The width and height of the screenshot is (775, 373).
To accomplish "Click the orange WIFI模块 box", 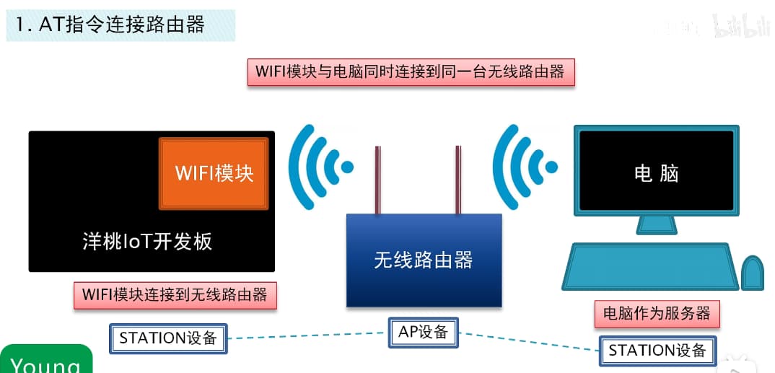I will pos(214,173).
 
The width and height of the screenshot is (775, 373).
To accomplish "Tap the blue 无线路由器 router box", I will pos(424,260).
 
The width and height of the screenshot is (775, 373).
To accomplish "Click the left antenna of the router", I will pos(377,180).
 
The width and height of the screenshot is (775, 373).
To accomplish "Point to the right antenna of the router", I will pos(457,180).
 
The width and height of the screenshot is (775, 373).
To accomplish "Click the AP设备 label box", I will pos(424,332).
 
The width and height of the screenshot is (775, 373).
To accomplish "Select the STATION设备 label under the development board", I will pos(168,338).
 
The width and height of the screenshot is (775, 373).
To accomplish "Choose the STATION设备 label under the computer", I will pos(657,351).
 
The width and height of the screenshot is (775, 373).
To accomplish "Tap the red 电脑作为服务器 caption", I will pos(657,314).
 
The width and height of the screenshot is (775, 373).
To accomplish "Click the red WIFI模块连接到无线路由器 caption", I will pos(175,295).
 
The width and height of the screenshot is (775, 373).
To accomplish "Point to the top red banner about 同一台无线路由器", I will pos(411,72).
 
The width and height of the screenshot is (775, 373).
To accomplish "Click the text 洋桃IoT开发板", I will pos(147,241).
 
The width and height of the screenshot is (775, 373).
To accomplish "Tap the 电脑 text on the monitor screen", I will pos(656,173).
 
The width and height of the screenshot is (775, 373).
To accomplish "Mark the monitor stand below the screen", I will pos(656,225).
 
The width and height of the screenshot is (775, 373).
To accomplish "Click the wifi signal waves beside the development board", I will pos(318,167).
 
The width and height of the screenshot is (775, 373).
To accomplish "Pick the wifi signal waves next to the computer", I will pos(523,167).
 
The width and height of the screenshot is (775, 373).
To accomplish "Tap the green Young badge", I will pos(46,361).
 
